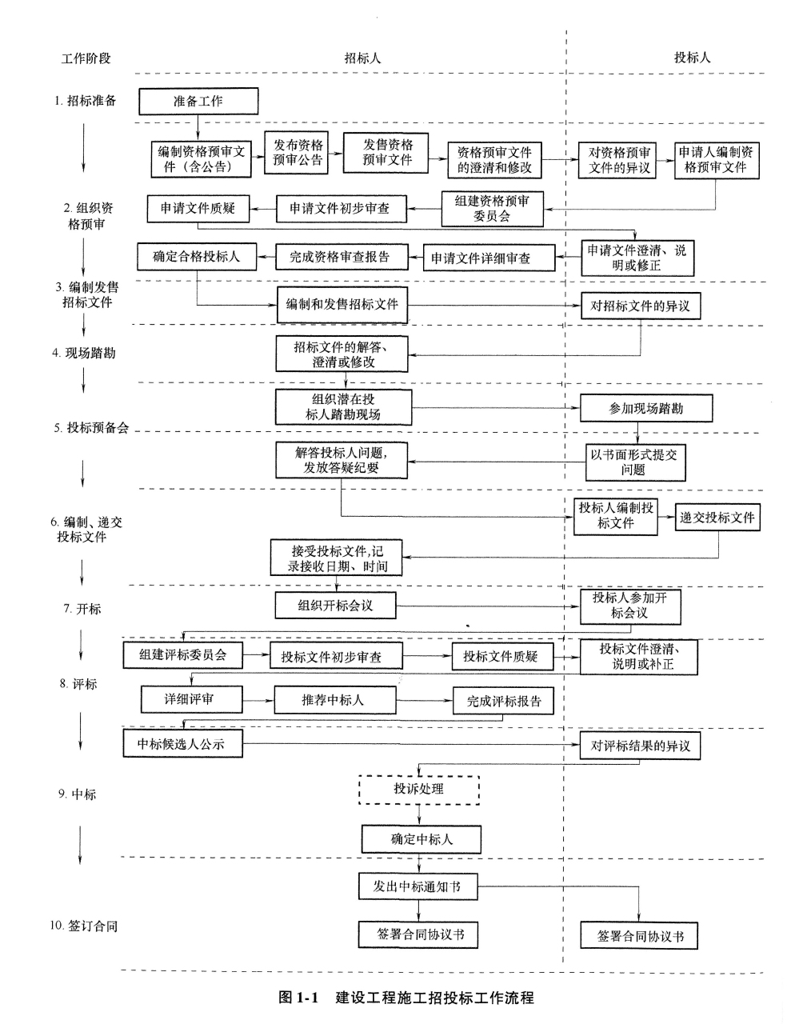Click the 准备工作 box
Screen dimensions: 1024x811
coord(198,102)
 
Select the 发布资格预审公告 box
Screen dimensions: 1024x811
coord(298,153)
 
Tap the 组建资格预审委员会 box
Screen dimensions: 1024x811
coord(492,208)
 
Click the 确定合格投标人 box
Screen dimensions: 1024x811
coord(196,257)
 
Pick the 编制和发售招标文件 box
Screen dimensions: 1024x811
coord(342,305)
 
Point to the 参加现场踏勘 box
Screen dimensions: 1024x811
coord(646,408)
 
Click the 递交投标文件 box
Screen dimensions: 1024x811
coord(717,518)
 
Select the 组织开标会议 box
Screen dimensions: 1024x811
coord(335,606)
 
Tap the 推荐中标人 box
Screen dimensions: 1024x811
coord(334,700)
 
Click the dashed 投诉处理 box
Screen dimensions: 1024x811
coord(418,789)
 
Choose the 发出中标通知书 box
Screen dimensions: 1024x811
coord(418,886)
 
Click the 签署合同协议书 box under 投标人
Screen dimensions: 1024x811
coord(640,936)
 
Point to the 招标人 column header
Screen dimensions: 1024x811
coord(362,58)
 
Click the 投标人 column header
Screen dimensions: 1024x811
coord(692,58)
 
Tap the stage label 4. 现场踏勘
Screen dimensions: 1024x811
coord(84,353)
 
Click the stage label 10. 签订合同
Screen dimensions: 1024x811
coord(83,926)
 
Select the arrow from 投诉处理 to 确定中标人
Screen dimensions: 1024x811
coord(418,814)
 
